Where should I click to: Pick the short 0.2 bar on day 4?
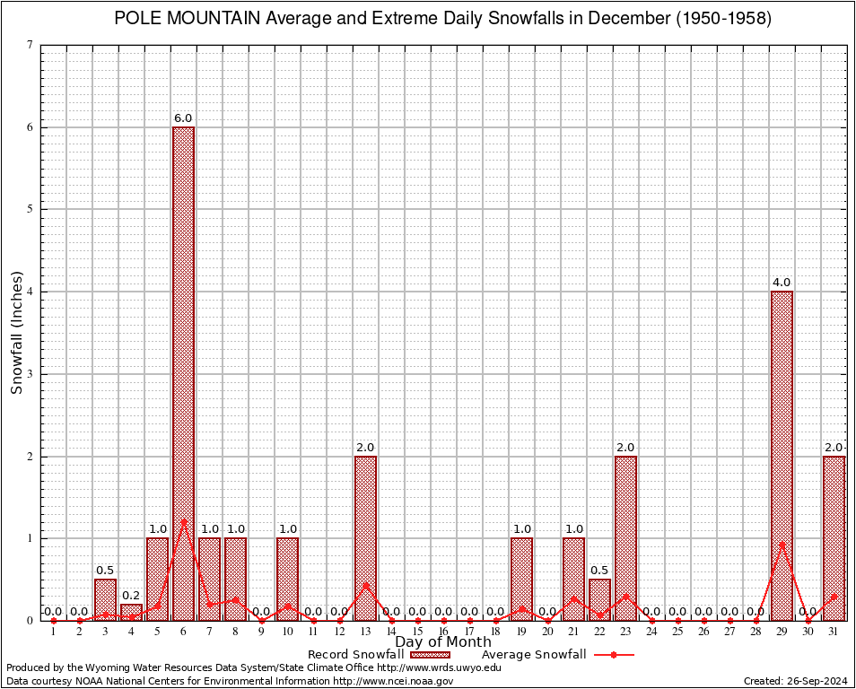(x=131, y=613)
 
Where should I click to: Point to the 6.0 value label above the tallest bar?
(x=183, y=118)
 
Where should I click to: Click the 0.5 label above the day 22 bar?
(x=599, y=571)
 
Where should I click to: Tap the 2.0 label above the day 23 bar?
(x=625, y=448)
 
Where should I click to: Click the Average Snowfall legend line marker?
(x=614, y=655)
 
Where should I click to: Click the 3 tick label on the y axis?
(x=31, y=374)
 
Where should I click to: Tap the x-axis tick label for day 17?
(x=469, y=632)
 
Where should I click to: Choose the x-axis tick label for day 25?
(x=677, y=632)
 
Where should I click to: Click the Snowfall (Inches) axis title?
(x=17, y=332)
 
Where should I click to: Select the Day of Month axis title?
(x=443, y=642)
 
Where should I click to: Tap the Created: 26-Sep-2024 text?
(x=795, y=681)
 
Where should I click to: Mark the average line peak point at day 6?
(x=183, y=520)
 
